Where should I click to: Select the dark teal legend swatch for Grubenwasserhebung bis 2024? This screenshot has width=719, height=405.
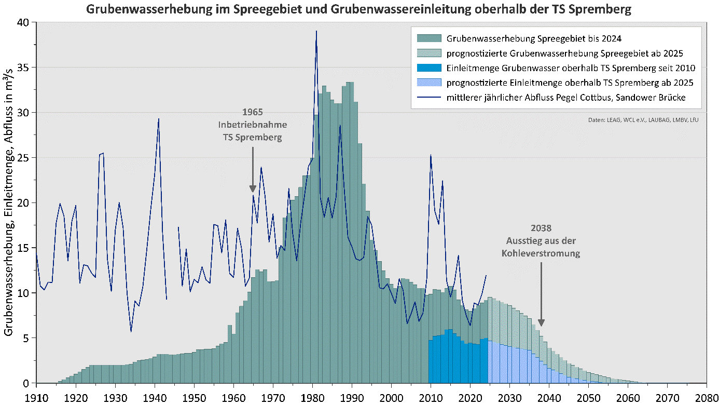[x=429, y=38]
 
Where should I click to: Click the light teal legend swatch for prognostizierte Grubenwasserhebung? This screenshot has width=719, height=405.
[x=429, y=53]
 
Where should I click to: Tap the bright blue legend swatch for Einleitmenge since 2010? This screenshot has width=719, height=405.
[x=429, y=67]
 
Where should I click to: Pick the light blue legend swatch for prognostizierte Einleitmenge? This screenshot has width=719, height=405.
[x=429, y=83]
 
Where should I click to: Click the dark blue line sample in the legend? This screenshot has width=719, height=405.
[x=429, y=97]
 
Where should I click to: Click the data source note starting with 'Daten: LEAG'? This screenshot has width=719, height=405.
[x=643, y=120]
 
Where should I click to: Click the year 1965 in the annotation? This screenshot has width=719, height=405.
[x=253, y=112]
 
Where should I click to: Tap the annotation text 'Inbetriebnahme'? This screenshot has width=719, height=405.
[x=253, y=125]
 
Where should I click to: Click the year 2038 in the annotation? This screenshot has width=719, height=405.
[x=541, y=228]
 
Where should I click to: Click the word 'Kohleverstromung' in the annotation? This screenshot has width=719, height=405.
[x=541, y=254]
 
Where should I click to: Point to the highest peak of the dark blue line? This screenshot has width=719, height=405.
[x=316, y=31]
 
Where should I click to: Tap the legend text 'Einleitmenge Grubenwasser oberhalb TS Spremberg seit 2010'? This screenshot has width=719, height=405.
[x=571, y=67]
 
